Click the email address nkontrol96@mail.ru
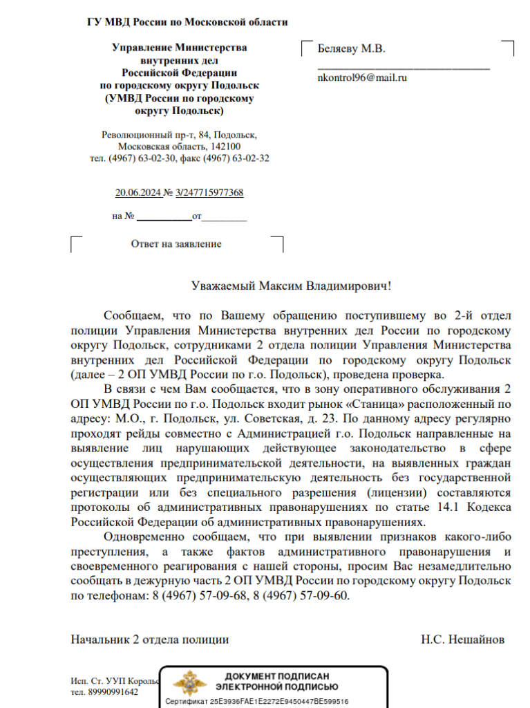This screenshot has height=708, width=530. pos(361,77)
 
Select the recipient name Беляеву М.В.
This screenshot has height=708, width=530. pos(351,49)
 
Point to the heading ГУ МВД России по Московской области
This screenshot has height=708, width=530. pos(187,22)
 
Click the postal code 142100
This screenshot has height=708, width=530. pos(225,147)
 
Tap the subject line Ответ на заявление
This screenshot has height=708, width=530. pos(176,244)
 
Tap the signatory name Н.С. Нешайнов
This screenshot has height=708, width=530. pos(463,640)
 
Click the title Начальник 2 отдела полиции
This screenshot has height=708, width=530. pos(150,640)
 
